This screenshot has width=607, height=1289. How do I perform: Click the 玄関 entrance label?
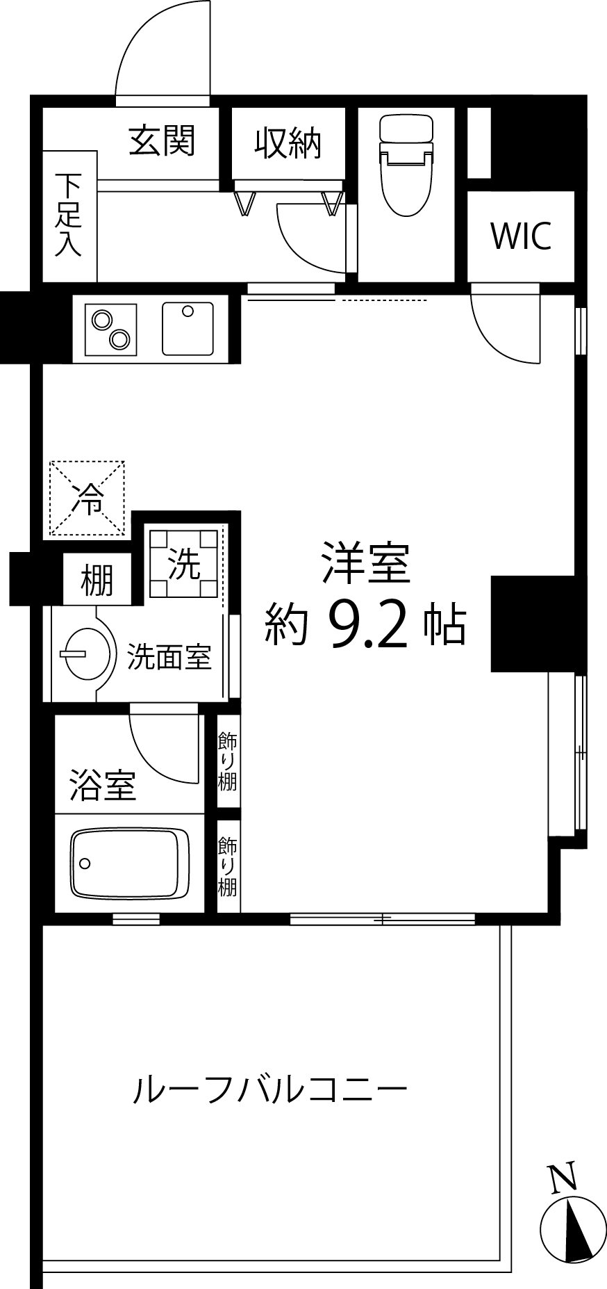click(x=162, y=141)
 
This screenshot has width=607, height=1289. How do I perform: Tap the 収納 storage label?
click(x=288, y=143)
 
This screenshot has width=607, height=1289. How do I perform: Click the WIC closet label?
click(x=521, y=236)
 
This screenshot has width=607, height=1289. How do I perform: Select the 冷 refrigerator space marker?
click(x=87, y=498)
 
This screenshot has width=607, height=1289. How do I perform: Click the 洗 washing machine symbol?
click(x=185, y=563)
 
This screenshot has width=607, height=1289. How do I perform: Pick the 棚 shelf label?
click(x=97, y=580)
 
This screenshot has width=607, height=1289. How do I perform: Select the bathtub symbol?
click(x=130, y=862)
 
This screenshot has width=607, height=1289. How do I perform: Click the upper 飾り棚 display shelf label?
click(x=228, y=761)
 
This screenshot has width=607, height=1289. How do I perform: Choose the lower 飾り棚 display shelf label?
click(x=228, y=866)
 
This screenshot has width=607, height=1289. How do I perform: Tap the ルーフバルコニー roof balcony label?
click(x=270, y=1090)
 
